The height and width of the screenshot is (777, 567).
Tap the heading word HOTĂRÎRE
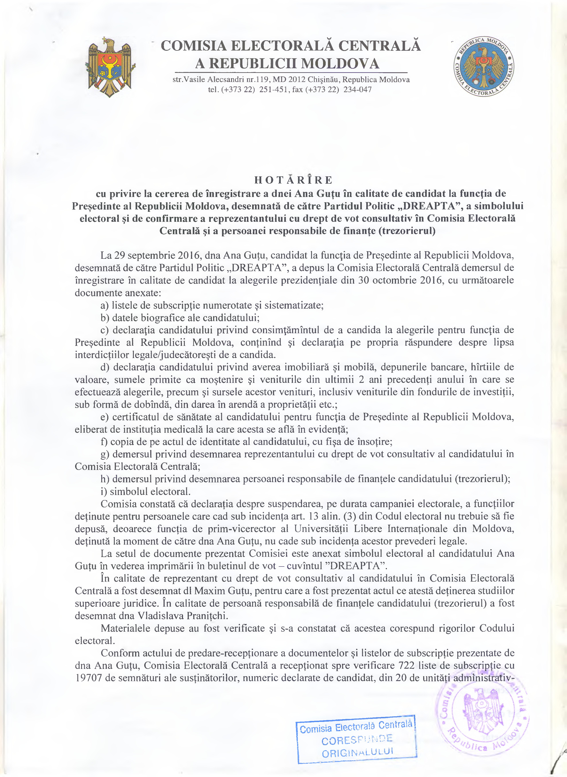coord(293,180)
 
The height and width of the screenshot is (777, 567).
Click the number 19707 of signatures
coord(88,678)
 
